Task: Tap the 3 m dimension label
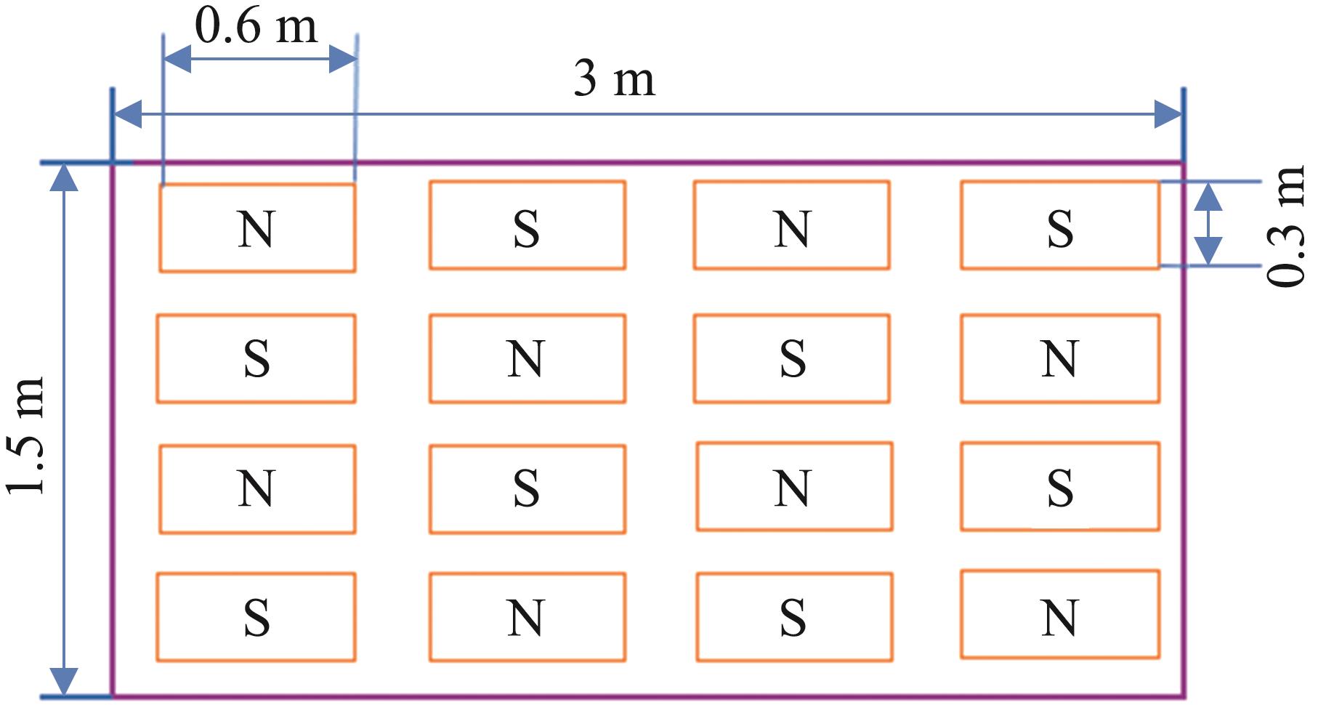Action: (615, 79)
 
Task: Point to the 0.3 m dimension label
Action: (1287, 226)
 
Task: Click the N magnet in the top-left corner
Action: (256, 227)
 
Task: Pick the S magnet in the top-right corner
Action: (1059, 225)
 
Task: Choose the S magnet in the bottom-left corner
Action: (256, 617)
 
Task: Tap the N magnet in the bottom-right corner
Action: (1059, 614)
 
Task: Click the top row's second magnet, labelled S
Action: (527, 225)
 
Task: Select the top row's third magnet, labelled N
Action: (791, 225)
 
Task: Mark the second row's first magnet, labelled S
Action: (256, 358)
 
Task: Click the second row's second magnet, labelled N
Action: (527, 358)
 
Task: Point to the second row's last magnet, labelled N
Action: (1059, 358)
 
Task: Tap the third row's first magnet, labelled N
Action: (256, 489)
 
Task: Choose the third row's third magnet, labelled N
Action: (793, 486)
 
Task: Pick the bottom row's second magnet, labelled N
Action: (527, 617)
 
